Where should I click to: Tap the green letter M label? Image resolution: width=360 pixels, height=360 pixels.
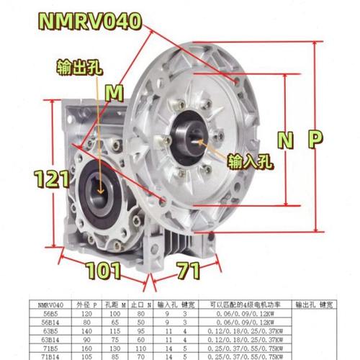coord(114,92)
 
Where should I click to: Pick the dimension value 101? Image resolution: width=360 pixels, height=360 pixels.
coord(102,273)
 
